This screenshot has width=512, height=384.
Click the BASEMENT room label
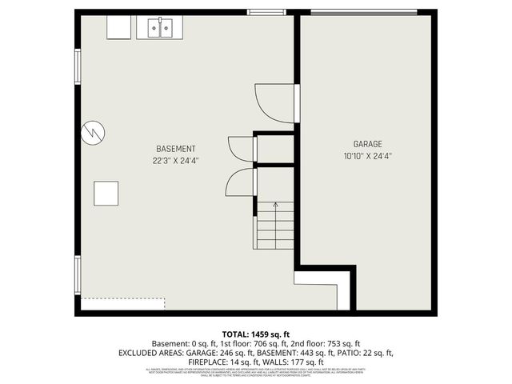click(x=175, y=149)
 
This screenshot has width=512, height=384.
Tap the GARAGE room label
click(x=367, y=144)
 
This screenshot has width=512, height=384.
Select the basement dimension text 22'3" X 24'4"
click(x=175, y=160)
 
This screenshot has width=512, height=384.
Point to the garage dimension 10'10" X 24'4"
click(x=367, y=156)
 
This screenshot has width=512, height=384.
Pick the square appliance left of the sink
click(x=120, y=27)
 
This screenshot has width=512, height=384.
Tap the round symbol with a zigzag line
click(x=94, y=132)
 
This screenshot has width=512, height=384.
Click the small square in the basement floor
click(x=106, y=194)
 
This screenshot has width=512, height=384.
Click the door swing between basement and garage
click(x=276, y=104)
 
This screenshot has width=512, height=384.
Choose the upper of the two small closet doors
click(x=242, y=149)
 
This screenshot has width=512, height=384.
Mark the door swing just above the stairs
click(x=240, y=182)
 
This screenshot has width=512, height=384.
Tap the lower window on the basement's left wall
click(x=78, y=274)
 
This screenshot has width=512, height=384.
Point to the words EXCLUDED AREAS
click(x=151, y=353)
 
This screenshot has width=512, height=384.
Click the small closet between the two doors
click(x=274, y=149)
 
